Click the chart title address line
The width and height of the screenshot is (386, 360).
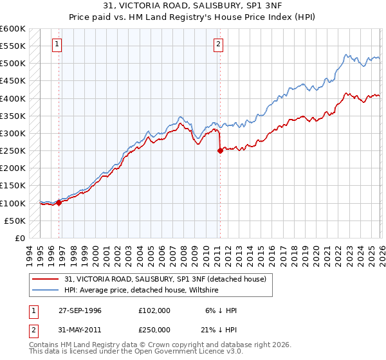coord(193,6)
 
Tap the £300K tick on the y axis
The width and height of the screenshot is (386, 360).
coord(13,133)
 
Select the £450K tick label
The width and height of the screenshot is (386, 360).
coord(13,81)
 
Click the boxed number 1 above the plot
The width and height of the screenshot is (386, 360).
coord(58,44)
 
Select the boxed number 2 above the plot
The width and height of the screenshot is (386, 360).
coord(219,44)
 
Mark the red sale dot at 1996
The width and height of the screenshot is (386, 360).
coord(59,203)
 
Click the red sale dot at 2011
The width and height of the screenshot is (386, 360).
coord(220,151)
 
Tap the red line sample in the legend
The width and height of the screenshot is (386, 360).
coord(46,278)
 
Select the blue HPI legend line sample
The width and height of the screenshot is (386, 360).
coord(46,290)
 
